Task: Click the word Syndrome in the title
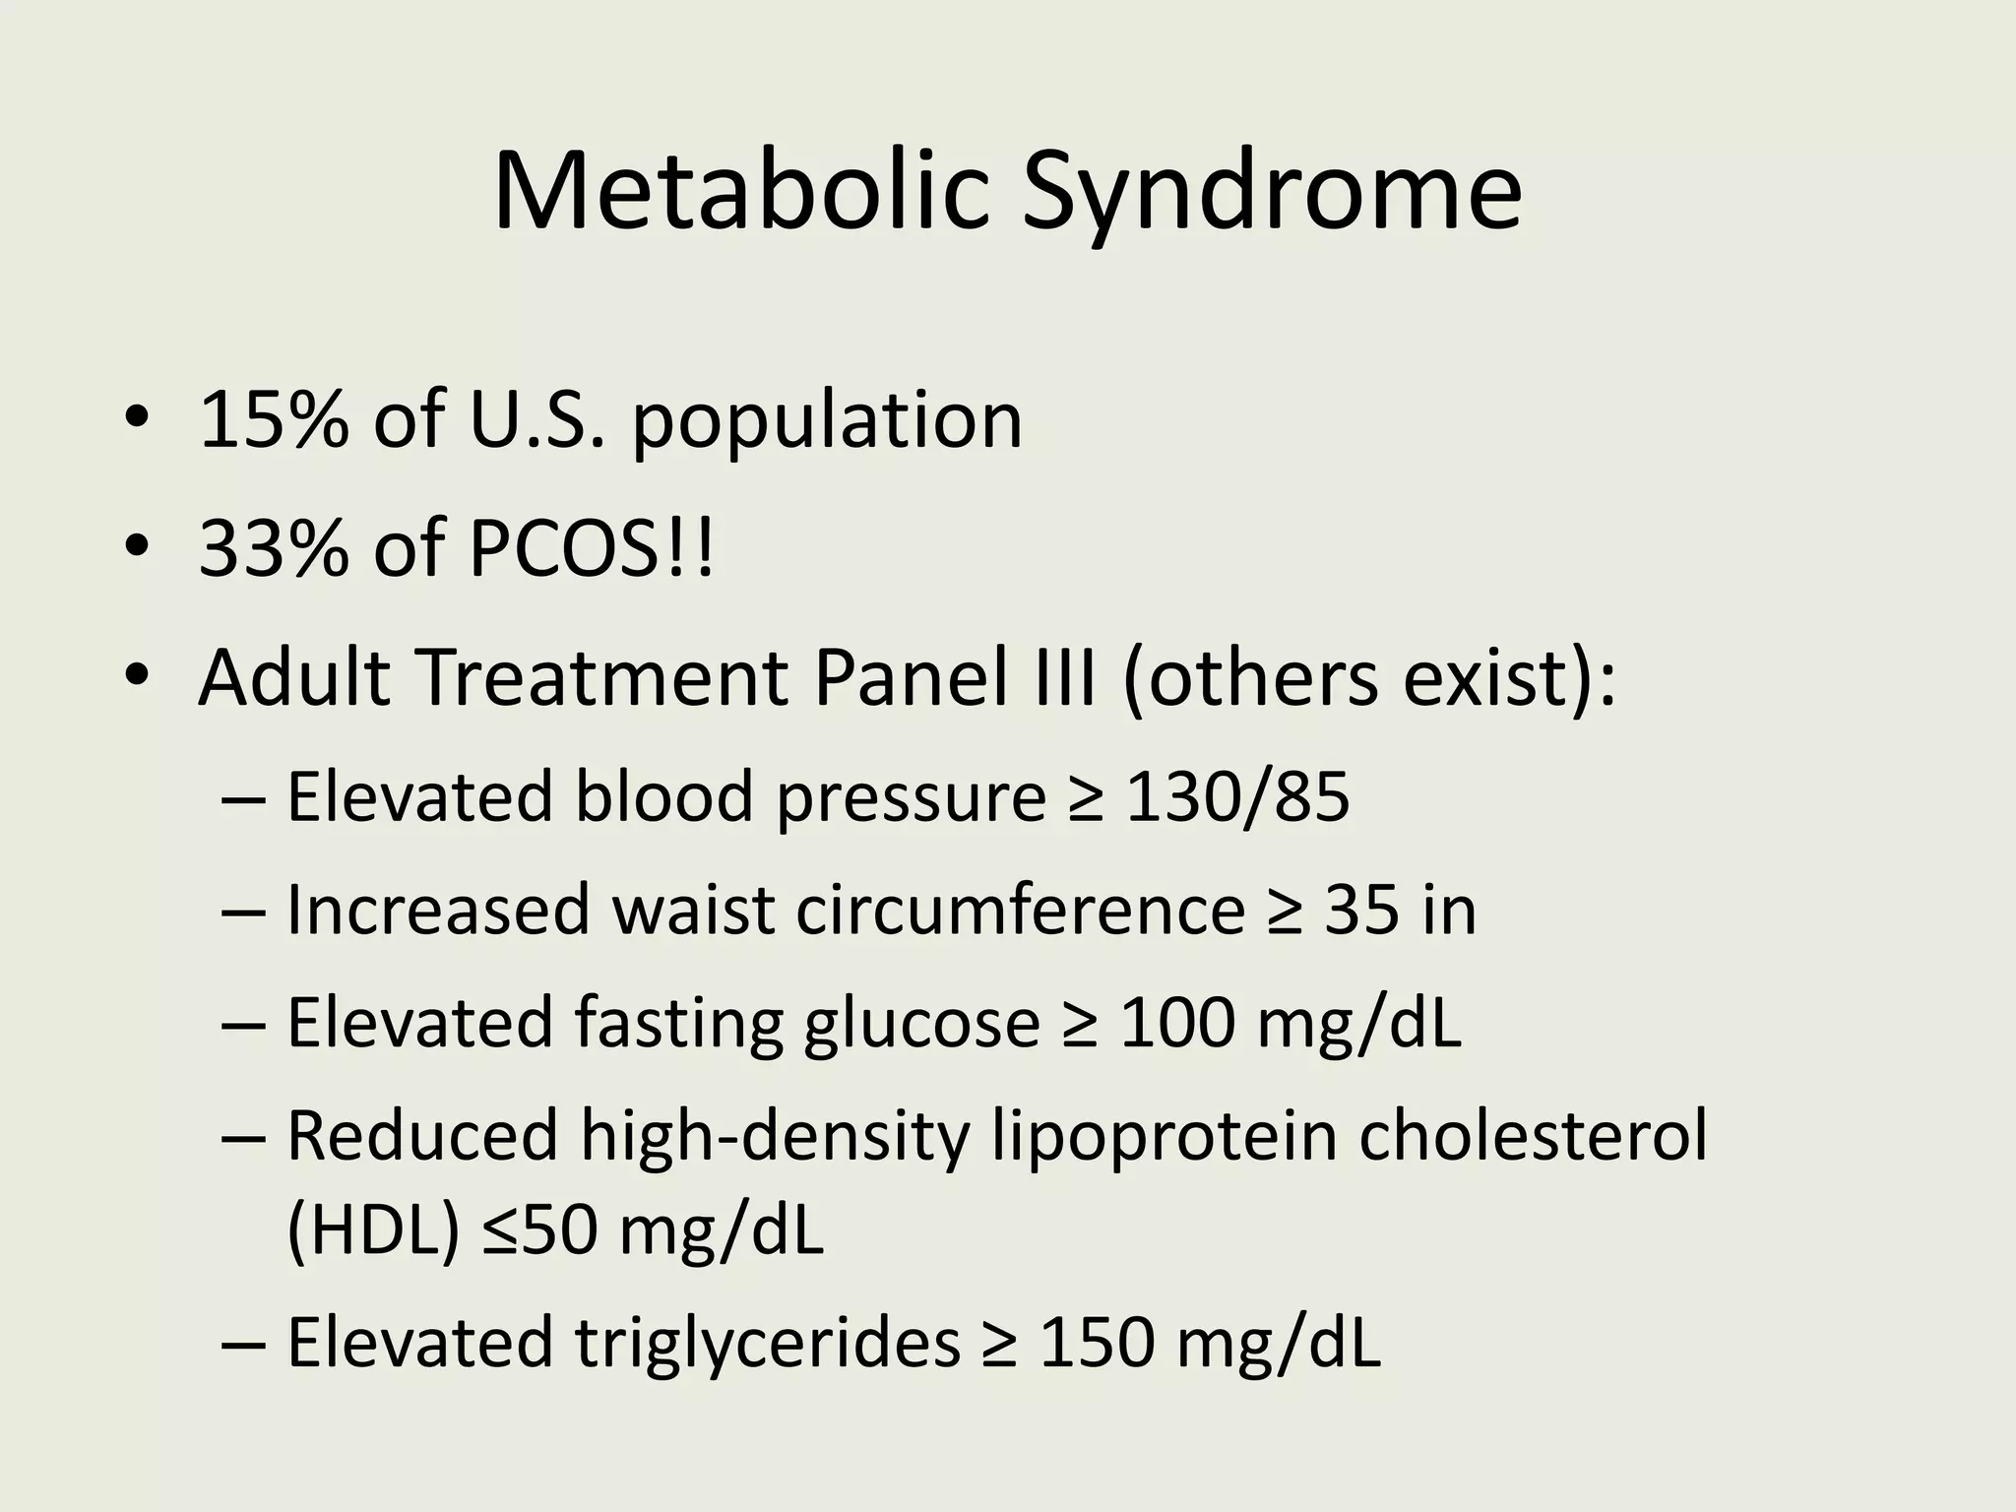point(1271,197)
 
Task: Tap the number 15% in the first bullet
point(274,420)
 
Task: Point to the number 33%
point(274,548)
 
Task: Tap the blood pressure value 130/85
point(1236,796)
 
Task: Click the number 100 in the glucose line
point(1176,1024)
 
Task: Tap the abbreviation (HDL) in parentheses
point(372,1232)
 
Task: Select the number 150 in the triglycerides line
point(1096,1345)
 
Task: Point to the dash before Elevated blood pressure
point(244,798)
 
